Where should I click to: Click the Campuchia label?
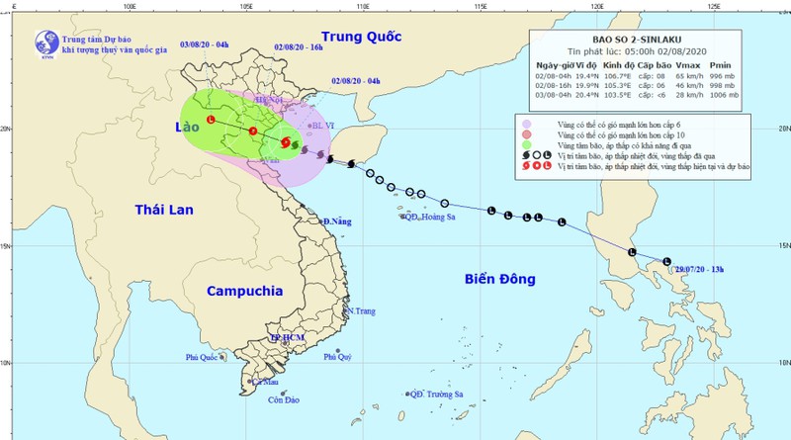[246, 292]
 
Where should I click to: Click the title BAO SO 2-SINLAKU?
[618, 41]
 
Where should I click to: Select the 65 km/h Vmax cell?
[686, 74]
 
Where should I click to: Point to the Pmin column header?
[730, 63]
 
